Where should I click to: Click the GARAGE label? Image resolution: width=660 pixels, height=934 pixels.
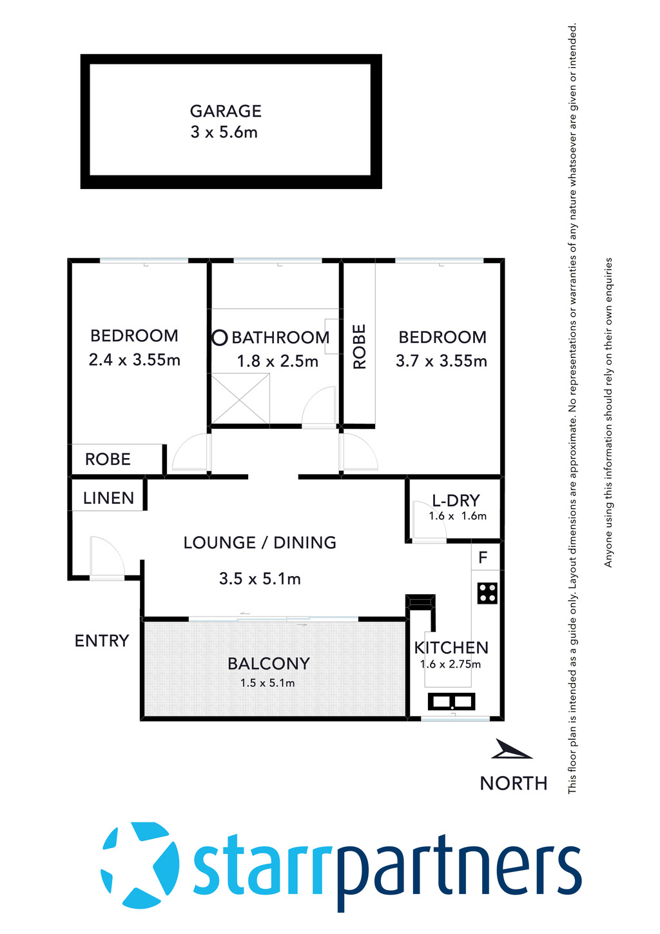click(226, 111)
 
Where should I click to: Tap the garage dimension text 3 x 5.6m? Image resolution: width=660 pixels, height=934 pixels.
click(224, 132)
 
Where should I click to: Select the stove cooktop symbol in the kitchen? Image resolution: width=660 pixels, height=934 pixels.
click(487, 593)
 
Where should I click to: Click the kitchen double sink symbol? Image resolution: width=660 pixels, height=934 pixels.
click(451, 701)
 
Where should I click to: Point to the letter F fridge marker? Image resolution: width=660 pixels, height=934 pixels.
click(483, 557)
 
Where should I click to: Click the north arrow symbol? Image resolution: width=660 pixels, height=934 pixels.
click(511, 750)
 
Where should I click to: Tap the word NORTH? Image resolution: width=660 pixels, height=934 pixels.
click(514, 783)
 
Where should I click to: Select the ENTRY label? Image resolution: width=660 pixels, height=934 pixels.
click(102, 641)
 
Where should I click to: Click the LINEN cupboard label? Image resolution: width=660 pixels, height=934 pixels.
click(108, 498)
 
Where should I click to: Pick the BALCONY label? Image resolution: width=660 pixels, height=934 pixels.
click(269, 664)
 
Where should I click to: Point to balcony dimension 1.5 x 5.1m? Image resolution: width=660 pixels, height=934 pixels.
click(267, 683)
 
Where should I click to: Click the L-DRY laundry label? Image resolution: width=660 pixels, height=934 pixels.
click(456, 501)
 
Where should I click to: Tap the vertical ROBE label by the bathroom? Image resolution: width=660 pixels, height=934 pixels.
click(359, 346)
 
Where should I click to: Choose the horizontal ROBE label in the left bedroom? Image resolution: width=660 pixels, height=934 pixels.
click(108, 459)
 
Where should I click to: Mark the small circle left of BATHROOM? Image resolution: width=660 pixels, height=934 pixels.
click(220, 337)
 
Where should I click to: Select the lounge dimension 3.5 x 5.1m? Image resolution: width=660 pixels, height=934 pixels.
click(260, 579)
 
